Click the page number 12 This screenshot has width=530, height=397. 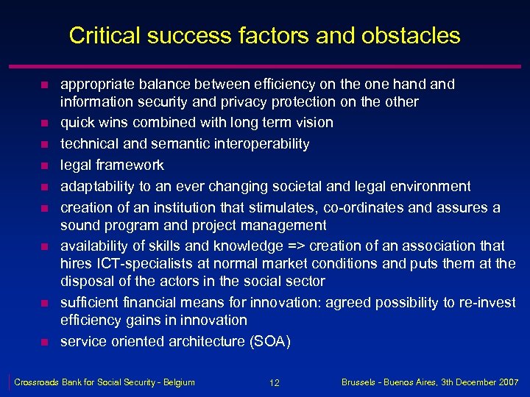(x=274, y=383)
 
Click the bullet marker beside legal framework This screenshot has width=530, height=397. (x=44, y=165)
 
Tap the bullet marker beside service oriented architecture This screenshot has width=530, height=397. (x=44, y=342)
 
